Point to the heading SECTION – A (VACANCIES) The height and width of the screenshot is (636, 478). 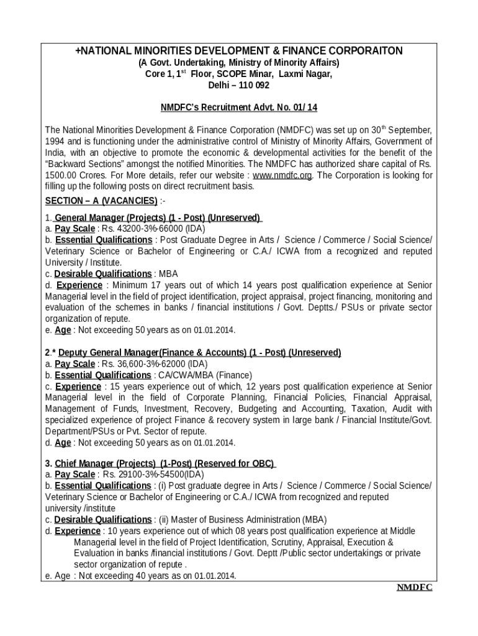101,201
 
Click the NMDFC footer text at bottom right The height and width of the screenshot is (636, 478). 414,588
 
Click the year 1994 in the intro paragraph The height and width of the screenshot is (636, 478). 55,142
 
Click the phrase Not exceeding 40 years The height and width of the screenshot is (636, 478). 118,576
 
